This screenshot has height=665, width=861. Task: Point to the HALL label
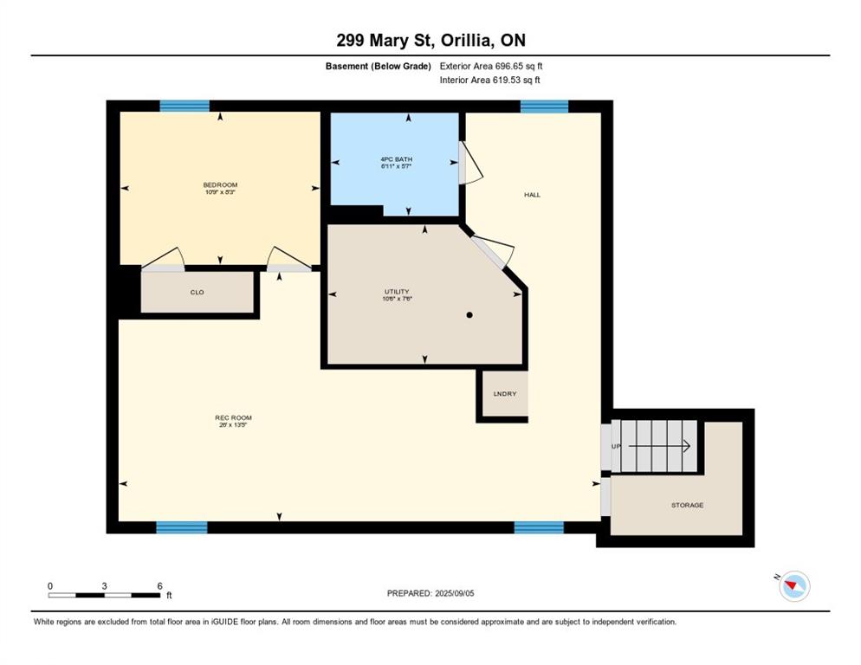point(532,195)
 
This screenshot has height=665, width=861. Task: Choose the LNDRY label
point(504,394)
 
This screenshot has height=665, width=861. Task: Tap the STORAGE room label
point(687,505)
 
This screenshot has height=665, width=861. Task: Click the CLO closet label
point(197,293)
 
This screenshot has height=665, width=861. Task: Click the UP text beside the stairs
point(616,446)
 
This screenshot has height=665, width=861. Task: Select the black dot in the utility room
point(469,315)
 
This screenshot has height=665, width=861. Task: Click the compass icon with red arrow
point(793,586)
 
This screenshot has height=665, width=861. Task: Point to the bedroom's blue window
point(184,107)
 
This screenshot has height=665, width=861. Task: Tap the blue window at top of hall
point(544,107)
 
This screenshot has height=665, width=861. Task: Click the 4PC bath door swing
point(469,164)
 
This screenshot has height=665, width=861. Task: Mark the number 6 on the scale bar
point(159,586)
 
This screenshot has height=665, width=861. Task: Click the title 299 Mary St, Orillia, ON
point(430,40)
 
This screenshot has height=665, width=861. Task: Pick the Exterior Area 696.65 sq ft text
point(491,66)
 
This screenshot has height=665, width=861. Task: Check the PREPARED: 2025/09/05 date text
point(430,593)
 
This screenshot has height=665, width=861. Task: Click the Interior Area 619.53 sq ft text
point(491,81)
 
